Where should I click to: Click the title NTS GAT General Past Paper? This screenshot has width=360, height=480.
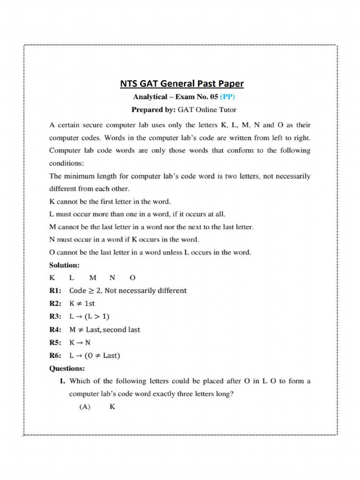tap(182, 84)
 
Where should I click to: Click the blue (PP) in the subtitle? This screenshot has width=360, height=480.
tap(225, 97)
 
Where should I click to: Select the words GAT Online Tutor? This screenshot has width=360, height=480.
tap(206, 110)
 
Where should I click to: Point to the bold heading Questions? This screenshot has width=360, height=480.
tap(67, 368)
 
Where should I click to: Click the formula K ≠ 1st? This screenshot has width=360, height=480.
tap(82, 304)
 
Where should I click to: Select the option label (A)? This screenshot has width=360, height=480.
tap(84, 407)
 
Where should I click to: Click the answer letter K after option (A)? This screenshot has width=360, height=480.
tap(112, 407)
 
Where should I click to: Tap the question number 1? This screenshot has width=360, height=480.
tap(62, 381)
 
